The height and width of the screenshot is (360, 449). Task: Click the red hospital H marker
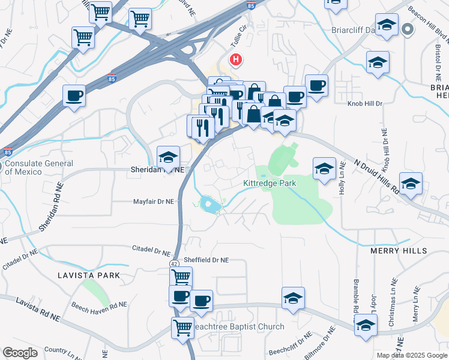237,60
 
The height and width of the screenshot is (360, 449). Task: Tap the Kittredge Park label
270,184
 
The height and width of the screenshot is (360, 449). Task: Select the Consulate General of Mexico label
39,167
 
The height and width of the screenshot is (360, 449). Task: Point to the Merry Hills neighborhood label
398,251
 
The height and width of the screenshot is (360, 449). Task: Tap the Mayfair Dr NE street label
153,202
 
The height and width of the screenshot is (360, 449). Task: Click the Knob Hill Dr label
365,104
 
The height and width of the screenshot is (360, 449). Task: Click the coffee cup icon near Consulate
74,96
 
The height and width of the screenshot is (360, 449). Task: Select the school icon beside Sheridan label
169,157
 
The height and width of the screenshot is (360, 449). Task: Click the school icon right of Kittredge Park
324,169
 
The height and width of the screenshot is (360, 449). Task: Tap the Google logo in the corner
20,353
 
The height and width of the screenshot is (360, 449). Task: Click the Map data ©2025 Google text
412,355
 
